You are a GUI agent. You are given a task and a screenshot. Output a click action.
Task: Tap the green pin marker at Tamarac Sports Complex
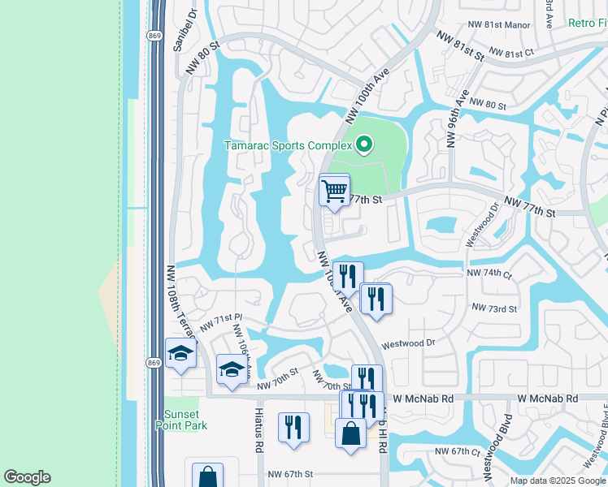point(364,145)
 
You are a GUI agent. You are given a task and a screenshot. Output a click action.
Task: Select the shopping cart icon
point(334,192)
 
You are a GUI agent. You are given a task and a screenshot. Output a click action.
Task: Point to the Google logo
point(27,477)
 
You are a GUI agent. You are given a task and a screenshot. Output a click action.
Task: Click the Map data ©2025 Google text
point(558,481)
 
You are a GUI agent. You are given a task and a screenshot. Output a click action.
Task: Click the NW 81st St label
point(460,47)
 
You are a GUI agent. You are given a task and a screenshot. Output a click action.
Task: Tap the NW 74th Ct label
point(489,274)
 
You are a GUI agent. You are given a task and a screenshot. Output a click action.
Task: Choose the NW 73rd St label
point(494,308)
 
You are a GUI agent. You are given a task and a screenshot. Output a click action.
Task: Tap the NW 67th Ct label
point(454,450)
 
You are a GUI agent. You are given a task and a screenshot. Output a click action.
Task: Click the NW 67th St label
point(290,473)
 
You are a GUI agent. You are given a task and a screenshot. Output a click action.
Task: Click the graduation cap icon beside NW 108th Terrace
point(180,353)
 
